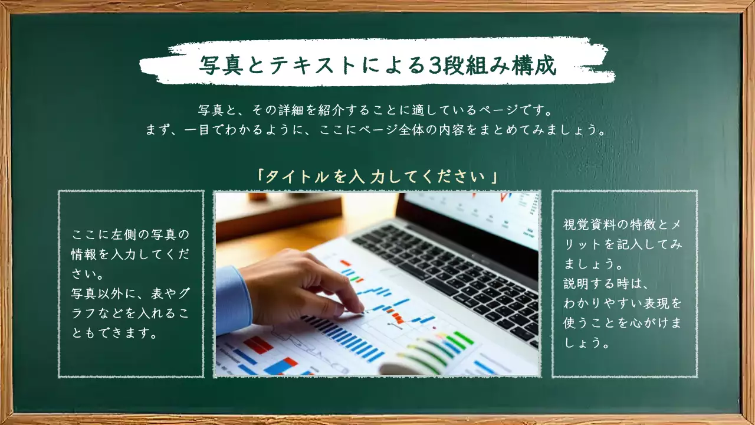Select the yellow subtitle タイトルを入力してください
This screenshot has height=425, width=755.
pyautogui.click(x=377, y=176)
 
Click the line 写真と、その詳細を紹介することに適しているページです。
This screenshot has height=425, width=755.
pyautogui.click(x=377, y=110)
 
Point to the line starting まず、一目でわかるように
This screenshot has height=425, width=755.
pyautogui.click(x=377, y=129)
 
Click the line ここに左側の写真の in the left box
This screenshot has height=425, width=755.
pyautogui.click(x=130, y=234)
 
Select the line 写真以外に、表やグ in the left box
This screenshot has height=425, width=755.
pyautogui.click(x=130, y=293)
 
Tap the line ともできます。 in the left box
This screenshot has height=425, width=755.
pyautogui.click(x=114, y=334)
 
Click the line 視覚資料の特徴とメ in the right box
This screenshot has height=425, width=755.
pyautogui.click(x=623, y=225)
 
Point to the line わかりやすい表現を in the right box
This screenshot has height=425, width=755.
pyautogui.click(x=623, y=303)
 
